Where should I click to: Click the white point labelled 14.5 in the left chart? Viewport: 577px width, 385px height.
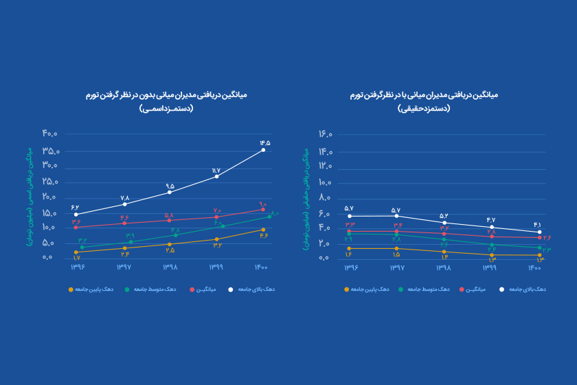tap(263, 150)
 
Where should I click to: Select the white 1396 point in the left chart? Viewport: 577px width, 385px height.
tap(76, 214)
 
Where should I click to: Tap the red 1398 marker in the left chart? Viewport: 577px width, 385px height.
tap(169, 220)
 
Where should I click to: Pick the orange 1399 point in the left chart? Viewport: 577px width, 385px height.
tap(216, 239)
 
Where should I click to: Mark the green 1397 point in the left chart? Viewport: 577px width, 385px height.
tap(131, 241)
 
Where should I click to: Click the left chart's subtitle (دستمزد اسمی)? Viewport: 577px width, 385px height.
tap(166, 109)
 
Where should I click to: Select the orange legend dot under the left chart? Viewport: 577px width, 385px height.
tap(71, 289)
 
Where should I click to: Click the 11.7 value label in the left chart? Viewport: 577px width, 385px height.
tap(216, 170)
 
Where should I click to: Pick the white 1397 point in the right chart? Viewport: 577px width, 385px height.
tap(397, 216)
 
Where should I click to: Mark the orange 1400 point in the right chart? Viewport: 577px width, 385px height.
tap(540, 255)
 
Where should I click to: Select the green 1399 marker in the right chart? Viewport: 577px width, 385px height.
tap(492, 245)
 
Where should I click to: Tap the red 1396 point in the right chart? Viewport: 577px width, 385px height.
tap(350, 231)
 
